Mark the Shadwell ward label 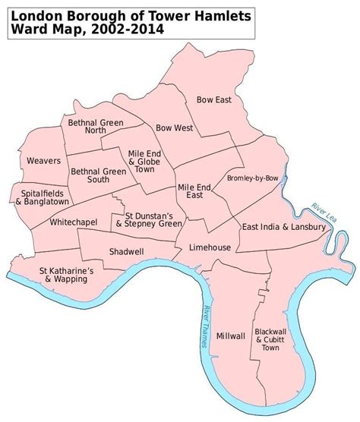point(122,250)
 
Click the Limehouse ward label point(210,247)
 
